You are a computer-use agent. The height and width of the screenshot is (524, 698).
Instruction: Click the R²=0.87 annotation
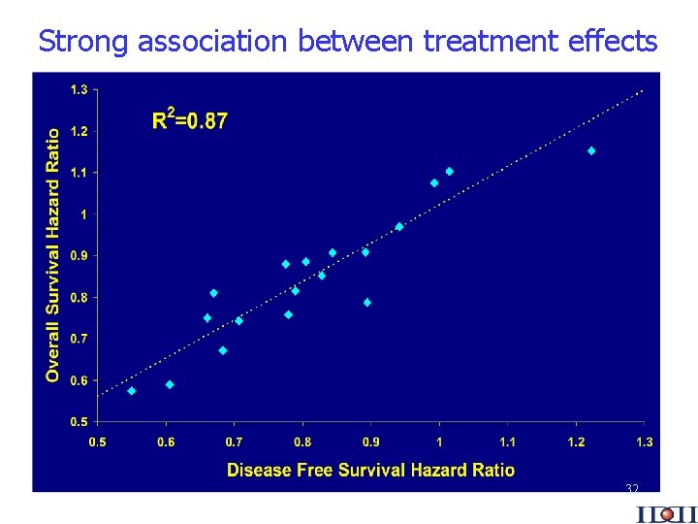(x=190, y=120)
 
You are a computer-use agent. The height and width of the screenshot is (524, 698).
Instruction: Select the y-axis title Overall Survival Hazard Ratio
(x=53, y=254)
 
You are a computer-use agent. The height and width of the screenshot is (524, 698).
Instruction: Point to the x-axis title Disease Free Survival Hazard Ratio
(x=370, y=471)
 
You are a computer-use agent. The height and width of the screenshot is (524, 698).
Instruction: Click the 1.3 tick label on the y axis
(x=78, y=89)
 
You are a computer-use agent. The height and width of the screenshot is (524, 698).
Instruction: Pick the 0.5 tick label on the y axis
(x=78, y=422)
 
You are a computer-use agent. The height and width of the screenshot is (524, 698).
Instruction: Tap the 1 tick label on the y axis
(x=83, y=213)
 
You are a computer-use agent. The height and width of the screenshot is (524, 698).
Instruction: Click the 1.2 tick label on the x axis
(x=576, y=442)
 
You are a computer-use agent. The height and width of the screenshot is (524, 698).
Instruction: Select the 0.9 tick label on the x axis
(x=371, y=442)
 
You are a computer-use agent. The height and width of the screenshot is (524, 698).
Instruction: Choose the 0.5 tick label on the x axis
(x=98, y=442)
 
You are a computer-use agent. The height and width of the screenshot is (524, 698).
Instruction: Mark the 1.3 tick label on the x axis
(x=645, y=442)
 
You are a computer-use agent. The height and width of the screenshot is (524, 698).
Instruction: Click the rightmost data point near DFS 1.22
(x=591, y=150)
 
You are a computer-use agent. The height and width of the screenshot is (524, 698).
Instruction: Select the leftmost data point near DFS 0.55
(x=131, y=391)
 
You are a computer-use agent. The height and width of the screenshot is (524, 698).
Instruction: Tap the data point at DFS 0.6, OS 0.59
(x=170, y=384)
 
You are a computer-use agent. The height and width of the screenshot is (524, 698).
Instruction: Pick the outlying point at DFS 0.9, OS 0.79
(x=367, y=303)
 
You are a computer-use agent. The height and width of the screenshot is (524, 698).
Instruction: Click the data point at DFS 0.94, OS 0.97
(x=399, y=226)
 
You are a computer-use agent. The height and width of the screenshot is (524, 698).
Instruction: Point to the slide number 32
(x=632, y=488)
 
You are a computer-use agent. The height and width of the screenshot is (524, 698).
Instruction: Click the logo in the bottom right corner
(x=666, y=513)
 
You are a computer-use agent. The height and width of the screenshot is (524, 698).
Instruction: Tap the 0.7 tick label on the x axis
(x=235, y=442)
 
